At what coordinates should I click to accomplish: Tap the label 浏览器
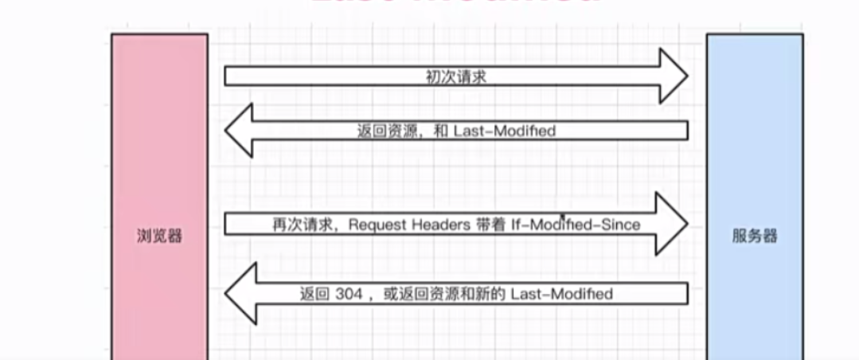[x=159, y=236]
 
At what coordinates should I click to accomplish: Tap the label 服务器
[x=755, y=236]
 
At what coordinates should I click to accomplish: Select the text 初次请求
[x=456, y=77]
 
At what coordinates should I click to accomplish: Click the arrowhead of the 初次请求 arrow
[x=672, y=76]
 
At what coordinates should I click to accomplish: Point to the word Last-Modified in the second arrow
[x=504, y=131]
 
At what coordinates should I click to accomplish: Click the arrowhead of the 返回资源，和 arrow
[x=239, y=131]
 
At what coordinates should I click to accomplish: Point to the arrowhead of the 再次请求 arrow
[x=672, y=224]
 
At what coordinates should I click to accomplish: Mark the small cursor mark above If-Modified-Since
[x=563, y=216]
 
